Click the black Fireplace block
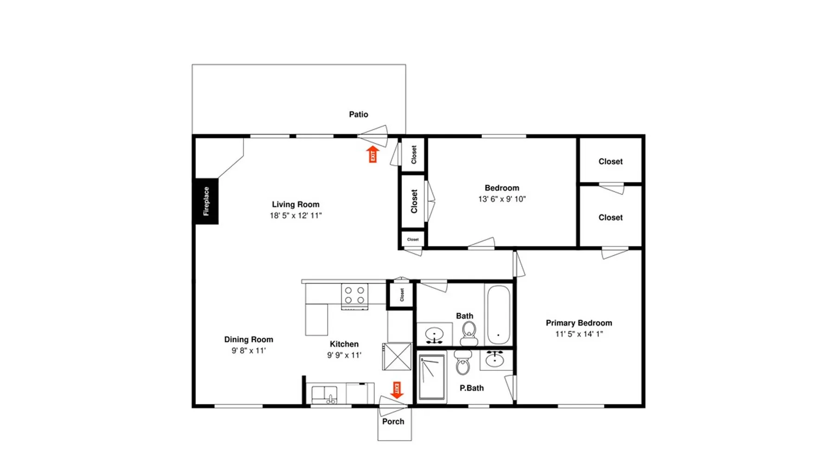[206, 201]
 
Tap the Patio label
[359, 114]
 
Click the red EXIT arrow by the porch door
[397, 390]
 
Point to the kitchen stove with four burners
[355, 296]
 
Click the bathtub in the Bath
[499, 315]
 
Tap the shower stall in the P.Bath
[432, 378]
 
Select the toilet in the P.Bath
[463, 362]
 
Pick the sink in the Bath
[435, 334]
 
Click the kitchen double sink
[325, 395]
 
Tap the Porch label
[393, 421]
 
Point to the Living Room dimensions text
[296, 215]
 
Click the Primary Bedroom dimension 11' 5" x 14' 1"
[579, 334]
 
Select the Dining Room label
[249, 340]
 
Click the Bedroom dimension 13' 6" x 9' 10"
[502, 199]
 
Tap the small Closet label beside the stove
[402, 295]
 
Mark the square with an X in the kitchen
[397, 356]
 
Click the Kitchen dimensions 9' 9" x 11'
[344, 355]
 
